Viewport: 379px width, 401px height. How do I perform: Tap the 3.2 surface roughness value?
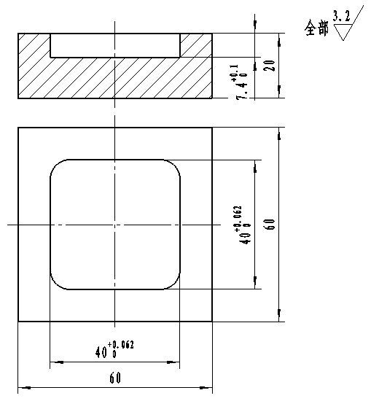tap(340, 15)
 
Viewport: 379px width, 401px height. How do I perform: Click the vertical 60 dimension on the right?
tap(270, 224)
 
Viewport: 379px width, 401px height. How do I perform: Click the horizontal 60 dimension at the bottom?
tap(114, 378)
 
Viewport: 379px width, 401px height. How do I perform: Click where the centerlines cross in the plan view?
tap(115, 225)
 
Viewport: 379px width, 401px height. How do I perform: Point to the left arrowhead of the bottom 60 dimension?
tap(23, 388)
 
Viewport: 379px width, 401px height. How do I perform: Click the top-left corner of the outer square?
tap(18, 128)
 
